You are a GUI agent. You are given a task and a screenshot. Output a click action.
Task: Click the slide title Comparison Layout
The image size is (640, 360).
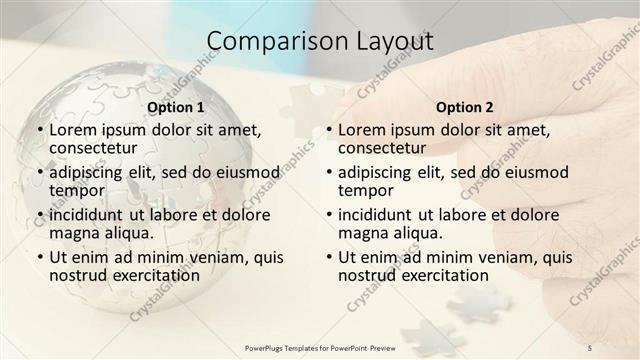point(320,42)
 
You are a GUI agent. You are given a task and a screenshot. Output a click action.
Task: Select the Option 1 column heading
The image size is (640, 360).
point(175,107)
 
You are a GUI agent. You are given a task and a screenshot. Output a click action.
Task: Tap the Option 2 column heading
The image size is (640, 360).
point(465,107)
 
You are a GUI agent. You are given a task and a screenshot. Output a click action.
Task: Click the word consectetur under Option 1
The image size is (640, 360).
point(92,148)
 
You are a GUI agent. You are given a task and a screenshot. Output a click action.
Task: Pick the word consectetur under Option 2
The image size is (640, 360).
point(382,148)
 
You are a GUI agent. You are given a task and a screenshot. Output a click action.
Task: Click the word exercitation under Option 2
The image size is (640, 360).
point(441,275)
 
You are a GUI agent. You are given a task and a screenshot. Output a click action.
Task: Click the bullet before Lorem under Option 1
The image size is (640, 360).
point(39,130)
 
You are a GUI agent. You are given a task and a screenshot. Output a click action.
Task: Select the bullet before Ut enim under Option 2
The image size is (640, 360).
point(329,257)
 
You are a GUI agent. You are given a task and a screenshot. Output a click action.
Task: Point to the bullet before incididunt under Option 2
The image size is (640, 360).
point(329,215)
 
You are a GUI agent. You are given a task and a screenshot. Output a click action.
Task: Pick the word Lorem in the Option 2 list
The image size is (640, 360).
point(362,130)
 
